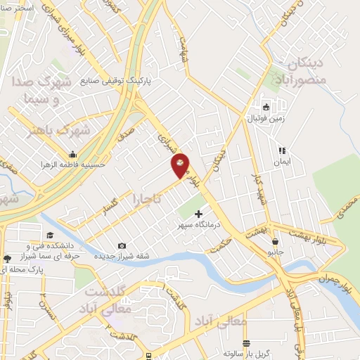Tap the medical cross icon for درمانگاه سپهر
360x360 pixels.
point(198,213)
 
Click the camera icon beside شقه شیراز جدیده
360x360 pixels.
point(122,245)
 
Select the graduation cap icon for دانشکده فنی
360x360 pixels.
point(49,235)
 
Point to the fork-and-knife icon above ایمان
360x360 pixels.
point(282,150)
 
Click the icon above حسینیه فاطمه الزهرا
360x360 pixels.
point(72,155)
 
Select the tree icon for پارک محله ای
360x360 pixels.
point(7,258)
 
